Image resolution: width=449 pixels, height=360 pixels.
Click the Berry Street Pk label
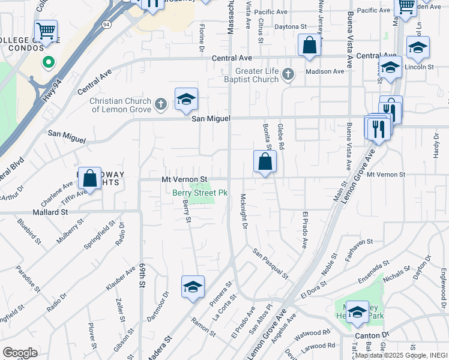point(200,193)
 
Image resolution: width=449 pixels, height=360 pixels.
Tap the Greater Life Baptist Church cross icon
point(288,74)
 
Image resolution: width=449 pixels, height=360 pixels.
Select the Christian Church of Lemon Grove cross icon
point(160,105)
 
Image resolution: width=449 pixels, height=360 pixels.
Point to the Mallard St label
point(50,212)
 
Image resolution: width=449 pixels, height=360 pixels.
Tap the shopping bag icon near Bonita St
point(265,162)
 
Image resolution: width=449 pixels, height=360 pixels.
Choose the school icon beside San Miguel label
point(187,100)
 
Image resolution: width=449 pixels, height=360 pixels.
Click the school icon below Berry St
point(193,287)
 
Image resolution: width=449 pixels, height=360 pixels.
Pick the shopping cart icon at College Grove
point(46,30)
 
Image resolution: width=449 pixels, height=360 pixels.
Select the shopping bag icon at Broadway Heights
point(89,178)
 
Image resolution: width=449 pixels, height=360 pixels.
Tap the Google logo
point(20,352)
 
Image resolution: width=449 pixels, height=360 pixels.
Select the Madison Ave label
point(325,71)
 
